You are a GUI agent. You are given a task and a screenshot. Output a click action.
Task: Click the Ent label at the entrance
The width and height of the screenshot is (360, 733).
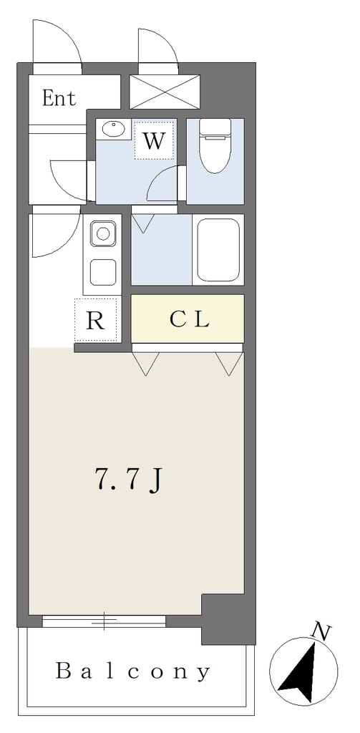[59, 98]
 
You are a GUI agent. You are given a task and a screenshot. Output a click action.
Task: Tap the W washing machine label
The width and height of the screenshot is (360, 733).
[155, 140]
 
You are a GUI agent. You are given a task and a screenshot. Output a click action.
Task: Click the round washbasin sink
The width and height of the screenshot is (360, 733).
[112, 129]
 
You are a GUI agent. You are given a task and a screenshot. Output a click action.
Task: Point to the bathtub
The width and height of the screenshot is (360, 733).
[218, 250]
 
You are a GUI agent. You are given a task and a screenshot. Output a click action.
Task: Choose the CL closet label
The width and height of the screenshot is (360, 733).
[189, 319]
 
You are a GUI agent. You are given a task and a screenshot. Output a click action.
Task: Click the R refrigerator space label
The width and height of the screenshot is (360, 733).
[96, 321]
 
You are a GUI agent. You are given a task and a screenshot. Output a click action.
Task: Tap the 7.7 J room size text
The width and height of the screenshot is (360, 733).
[128, 479]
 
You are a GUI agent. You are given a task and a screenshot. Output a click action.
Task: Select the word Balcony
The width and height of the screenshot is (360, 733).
[133, 671]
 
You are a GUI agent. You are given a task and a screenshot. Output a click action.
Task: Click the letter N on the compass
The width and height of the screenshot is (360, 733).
[321, 632]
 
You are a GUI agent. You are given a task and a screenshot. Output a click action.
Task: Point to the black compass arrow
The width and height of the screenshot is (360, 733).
[298, 673]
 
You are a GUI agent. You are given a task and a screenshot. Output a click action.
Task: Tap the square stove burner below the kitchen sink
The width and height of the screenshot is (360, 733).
[103, 272]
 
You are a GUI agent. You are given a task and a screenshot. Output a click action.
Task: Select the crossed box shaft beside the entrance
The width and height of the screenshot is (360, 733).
[165, 92]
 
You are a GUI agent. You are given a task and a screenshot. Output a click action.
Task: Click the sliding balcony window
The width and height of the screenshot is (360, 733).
[104, 621]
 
